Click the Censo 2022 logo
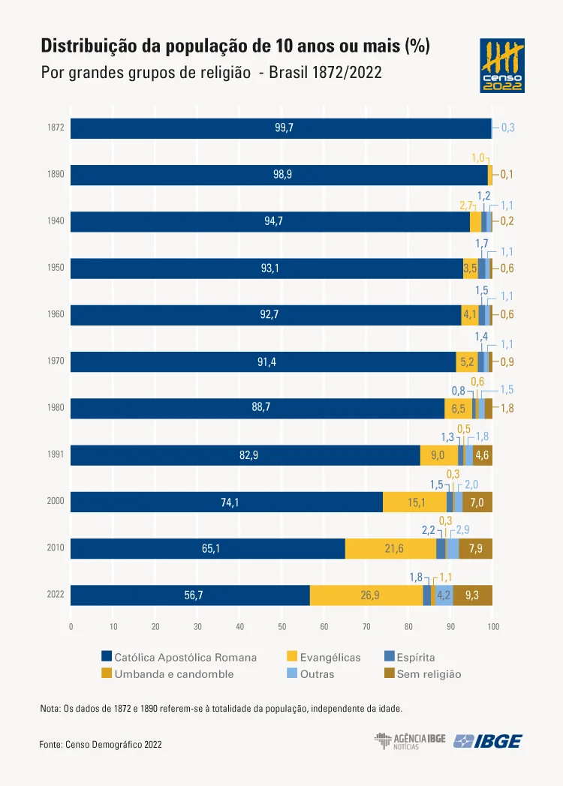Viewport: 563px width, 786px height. point(502,66)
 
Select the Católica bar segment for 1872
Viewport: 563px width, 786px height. point(281,128)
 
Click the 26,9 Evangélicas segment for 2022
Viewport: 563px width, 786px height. point(366,595)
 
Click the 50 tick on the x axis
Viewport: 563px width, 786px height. point(281,626)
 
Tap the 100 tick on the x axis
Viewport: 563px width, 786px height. point(492,626)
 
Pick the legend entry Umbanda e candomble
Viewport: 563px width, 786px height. point(173,674)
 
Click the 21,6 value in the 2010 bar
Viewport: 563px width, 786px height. point(394,549)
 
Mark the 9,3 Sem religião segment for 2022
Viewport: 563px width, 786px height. point(472,595)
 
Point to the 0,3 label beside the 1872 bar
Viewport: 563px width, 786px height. point(507,128)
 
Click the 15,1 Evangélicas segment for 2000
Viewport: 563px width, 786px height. point(417,502)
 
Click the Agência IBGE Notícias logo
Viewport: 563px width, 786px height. point(410,741)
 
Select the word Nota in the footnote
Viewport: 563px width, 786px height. point(50,708)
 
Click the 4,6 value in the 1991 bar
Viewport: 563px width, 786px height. point(482,455)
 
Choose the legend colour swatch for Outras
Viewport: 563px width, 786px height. point(292,674)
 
